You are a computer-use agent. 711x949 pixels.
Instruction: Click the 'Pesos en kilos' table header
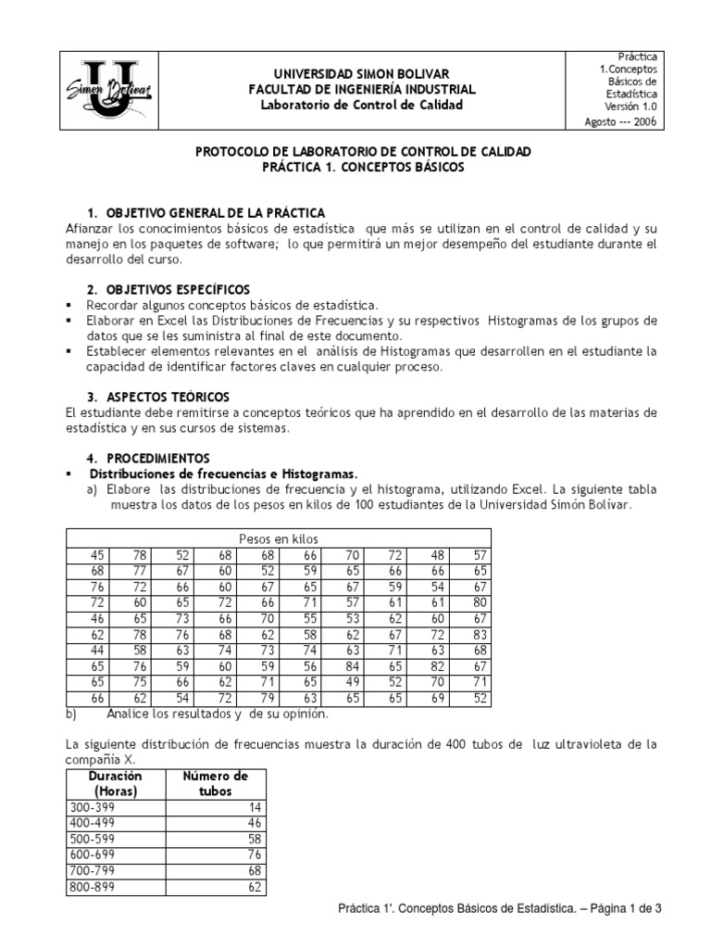click(278, 538)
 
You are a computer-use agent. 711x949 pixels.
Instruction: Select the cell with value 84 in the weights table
click(352, 664)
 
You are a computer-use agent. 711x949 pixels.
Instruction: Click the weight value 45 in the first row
click(97, 554)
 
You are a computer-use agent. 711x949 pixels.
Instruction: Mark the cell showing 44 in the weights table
click(97, 649)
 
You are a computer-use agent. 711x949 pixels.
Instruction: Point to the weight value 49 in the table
click(352, 679)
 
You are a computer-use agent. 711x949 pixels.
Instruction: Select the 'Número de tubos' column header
click(215, 784)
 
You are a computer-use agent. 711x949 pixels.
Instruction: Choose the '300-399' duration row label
click(93, 808)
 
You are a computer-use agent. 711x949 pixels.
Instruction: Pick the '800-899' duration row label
click(93, 887)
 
